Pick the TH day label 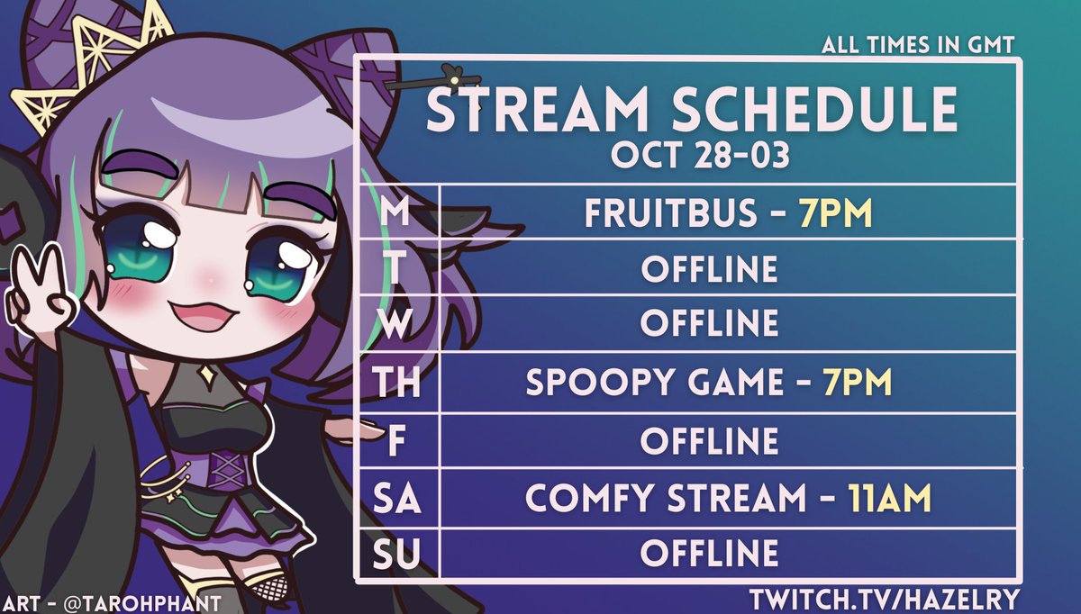tap(397, 384)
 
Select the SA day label tap(397, 496)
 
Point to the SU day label tap(397, 553)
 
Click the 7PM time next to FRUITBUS tap(835, 213)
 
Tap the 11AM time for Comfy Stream tap(888, 497)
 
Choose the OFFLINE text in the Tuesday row tap(709, 269)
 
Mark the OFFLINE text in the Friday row tap(709, 441)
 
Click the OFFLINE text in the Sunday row tap(709, 553)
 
